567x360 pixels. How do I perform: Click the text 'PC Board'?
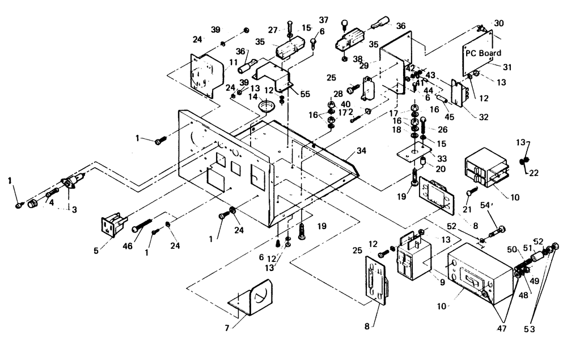pyautogui.click(x=483, y=53)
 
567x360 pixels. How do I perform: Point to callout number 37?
pyautogui.click(x=323, y=21)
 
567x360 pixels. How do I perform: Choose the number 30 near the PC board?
pyautogui.click(x=498, y=23)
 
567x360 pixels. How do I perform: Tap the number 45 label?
pyautogui.click(x=450, y=118)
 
